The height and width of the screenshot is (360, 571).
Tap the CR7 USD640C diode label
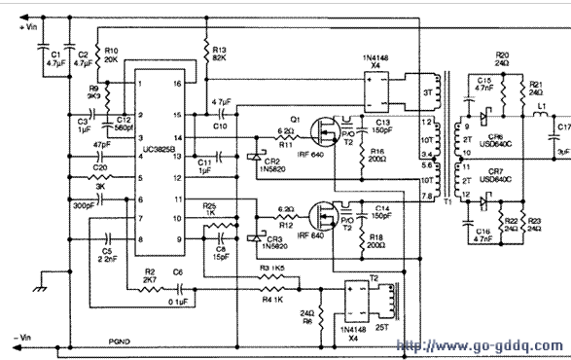(x=497, y=175)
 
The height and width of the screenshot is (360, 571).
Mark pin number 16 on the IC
(x=176, y=85)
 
